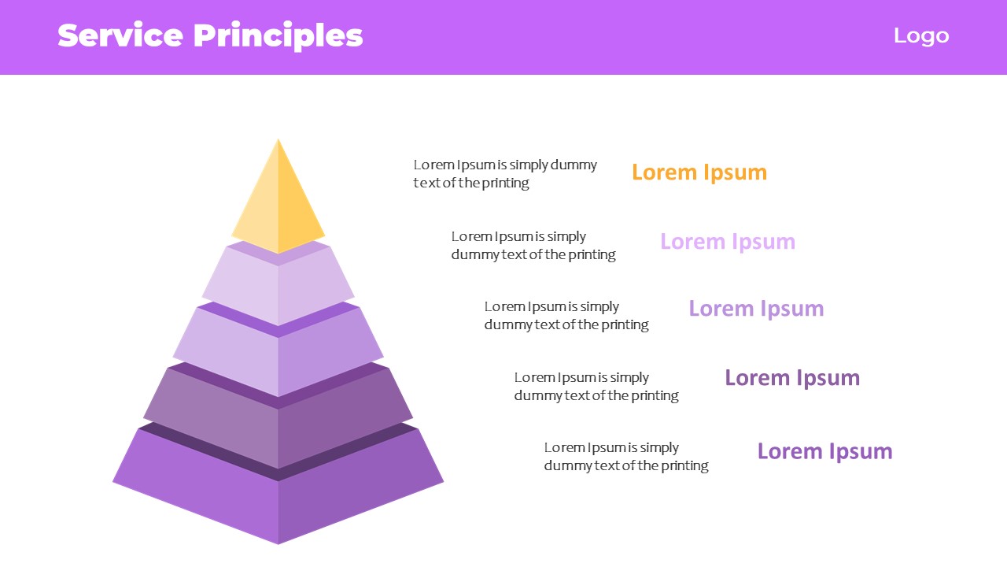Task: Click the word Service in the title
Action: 120,35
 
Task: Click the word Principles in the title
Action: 278,37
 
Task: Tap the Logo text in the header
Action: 921,36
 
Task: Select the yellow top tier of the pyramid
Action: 278,198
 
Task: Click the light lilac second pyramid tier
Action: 278,284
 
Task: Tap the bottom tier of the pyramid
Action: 278,486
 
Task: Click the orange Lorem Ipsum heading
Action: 699,172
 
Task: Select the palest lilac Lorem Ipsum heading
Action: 728,242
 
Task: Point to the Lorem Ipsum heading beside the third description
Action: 756,309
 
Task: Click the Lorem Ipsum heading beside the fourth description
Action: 792,378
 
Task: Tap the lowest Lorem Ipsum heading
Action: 825,451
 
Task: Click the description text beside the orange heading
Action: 505,174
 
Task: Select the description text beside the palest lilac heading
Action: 533,246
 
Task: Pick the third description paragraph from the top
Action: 566,316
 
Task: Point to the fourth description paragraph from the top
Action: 596,386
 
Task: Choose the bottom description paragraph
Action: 626,456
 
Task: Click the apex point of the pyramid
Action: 278,139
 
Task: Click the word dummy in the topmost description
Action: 574,165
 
